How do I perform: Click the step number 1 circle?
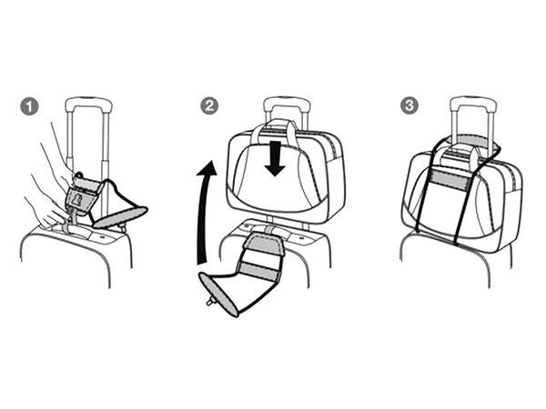coord(29,106)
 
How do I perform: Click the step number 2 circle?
coord(209,105)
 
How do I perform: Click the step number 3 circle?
coord(409,105)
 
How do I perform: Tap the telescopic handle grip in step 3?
coord(473,103)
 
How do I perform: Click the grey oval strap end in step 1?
coord(120,217)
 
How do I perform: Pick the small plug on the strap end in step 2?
coord(210,302)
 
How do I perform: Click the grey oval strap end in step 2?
coord(218,294)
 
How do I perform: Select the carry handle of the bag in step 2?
coord(275,126)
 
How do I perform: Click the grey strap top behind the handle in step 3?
coord(470,141)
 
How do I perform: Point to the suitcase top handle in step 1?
coord(75,233)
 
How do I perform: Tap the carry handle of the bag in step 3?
coord(460,155)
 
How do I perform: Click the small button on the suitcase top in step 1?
coord(102,237)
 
